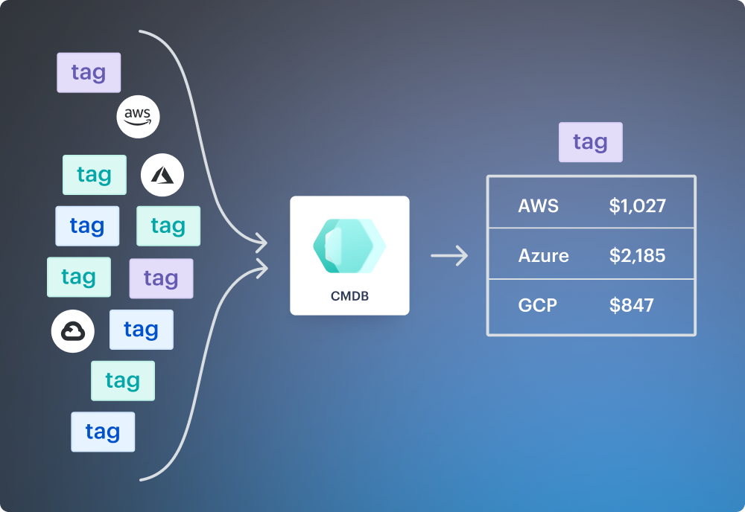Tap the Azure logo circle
[162, 176]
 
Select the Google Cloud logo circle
[73, 331]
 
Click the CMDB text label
[349, 296]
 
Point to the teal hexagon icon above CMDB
[349, 246]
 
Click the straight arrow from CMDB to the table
[449, 256]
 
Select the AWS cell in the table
[538, 205]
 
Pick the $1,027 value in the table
[637, 205]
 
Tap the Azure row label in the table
[543, 256]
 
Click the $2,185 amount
[637, 256]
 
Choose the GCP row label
[537, 305]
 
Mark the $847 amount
[631, 305]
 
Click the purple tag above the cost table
[590, 142]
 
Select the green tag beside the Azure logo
[95, 175]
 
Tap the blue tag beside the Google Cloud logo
[141, 330]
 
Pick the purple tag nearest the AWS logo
[89, 73]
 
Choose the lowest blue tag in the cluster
[103, 432]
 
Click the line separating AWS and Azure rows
[591, 228]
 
